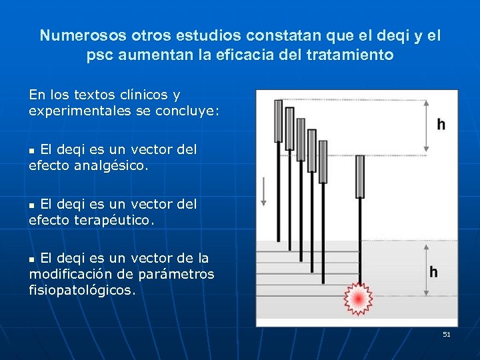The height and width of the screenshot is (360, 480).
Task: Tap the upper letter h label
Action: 441,124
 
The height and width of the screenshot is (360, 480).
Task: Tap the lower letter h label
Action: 433,272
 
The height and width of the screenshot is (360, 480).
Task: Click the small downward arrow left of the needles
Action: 265,191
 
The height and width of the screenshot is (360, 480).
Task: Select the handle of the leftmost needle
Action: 279,121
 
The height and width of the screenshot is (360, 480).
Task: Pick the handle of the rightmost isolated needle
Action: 360,176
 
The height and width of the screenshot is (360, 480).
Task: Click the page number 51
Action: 447,334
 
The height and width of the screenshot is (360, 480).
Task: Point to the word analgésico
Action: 107,165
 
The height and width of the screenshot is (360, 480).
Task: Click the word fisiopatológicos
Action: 82,291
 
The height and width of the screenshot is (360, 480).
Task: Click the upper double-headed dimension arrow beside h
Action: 427,125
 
